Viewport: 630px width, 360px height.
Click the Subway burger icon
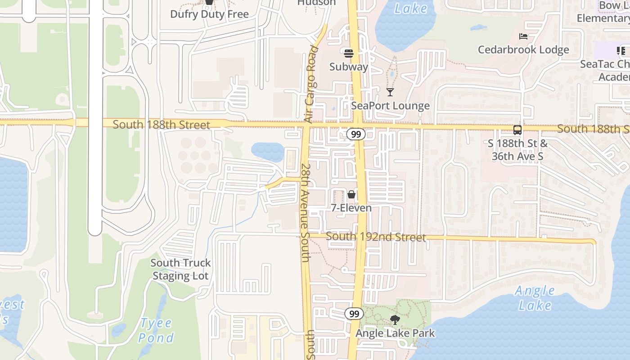[x=348, y=54]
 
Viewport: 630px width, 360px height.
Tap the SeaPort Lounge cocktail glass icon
[x=390, y=92]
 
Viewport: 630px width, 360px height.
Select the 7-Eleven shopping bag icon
[x=351, y=194]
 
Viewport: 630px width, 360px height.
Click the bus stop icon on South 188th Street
[x=517, y=130]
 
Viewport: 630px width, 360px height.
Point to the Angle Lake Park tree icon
[x=395, y=320]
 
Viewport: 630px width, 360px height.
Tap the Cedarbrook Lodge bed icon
[x=523, y=36]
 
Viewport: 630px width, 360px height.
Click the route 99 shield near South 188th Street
[x=356, y=134]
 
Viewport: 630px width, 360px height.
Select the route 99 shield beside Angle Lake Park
[x=354, y=314]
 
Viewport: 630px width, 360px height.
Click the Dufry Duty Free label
[x=209, y=14]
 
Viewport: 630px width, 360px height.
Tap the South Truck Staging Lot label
[x=181, y=269]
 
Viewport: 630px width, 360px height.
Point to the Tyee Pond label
[x=156, y=330]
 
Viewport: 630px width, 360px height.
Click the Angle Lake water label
[x=535, y=298]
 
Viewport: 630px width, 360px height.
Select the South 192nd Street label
[x=376, y=237]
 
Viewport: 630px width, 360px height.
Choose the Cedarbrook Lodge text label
[x=523, y=49]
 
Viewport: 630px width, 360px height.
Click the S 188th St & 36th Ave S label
[x=518, y=150]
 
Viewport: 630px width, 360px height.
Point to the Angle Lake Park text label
[x=395, y=333]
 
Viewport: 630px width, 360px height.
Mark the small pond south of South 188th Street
[x=268, y=152]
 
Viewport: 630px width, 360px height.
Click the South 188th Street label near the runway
[x=161, y=125]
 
